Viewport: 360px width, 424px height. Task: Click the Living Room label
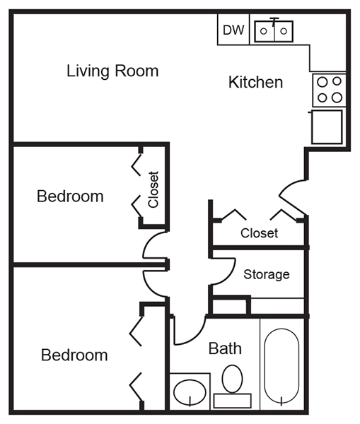point(112,71)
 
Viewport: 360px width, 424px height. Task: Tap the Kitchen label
point(256,82)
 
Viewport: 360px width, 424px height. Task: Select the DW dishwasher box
point(233,30)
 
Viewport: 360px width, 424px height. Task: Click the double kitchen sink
point(274,31)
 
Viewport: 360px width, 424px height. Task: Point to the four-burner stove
point(330,90)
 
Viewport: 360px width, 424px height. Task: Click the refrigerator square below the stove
point(327,126)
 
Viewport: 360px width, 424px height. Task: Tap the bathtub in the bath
point(281,365)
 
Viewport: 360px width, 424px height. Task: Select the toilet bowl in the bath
point(232,379)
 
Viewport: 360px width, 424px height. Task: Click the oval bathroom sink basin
point(190,392)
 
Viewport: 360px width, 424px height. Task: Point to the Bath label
point(225,348)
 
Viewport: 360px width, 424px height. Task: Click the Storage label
point(267,274)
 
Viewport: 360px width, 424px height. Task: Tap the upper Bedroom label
point(70,196)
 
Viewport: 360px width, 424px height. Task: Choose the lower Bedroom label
point(74,355)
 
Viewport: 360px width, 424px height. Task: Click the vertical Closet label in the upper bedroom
point(153,189)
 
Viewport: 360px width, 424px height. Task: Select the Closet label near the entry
point(260,233)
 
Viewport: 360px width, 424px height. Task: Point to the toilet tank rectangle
point(233,401)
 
